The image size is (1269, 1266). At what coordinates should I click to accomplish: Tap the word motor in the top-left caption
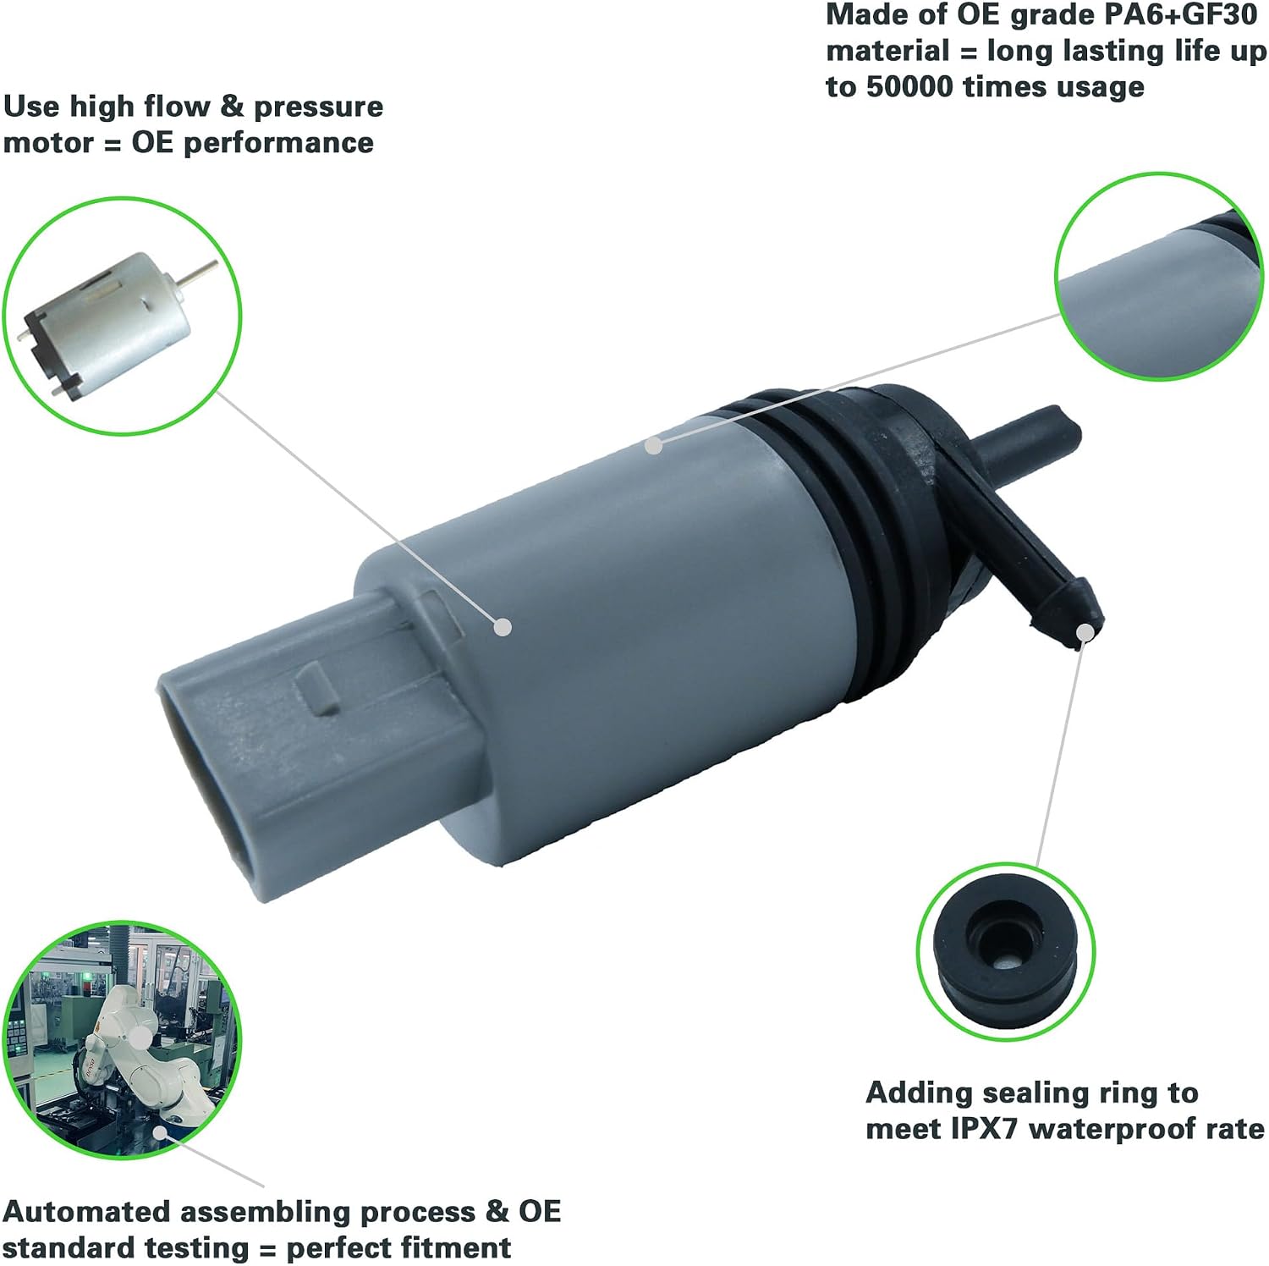click(x=48, y=142)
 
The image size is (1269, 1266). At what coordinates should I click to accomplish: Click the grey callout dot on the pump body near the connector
click(x=503, y=627)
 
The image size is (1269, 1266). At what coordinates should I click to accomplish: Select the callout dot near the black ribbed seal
click(x=652, y=444)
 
